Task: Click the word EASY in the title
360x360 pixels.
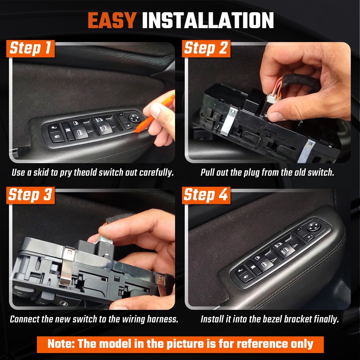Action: point(112,21)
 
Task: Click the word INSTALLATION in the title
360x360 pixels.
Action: point(208,21)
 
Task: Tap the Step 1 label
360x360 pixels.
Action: point(32,49)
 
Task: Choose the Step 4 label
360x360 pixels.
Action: point(206,195)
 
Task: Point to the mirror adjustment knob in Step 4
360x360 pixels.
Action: point(312,227)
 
